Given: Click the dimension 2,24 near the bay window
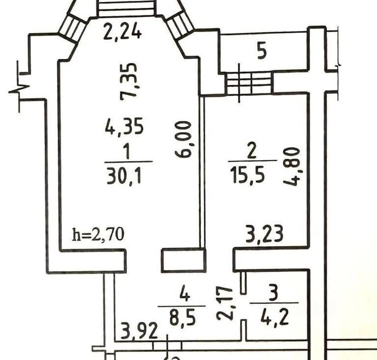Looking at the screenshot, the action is [122, 32].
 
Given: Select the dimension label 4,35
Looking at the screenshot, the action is [124, 126].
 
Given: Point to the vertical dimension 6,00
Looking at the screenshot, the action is [184, 139].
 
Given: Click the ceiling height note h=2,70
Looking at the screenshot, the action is [98, 234].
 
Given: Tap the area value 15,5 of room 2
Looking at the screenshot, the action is [247, 175].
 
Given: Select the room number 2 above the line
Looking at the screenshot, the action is [252, 150].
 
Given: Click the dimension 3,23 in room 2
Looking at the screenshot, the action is [265, 234].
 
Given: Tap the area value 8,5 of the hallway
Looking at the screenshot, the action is [183, 317].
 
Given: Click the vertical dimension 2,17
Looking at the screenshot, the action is [225, 304].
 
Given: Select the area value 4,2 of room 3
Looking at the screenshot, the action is [274, 317].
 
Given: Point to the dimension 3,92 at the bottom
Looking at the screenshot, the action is [139, 331].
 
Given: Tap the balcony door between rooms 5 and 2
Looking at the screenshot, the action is [249, 83].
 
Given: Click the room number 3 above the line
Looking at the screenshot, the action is [273, 292].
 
